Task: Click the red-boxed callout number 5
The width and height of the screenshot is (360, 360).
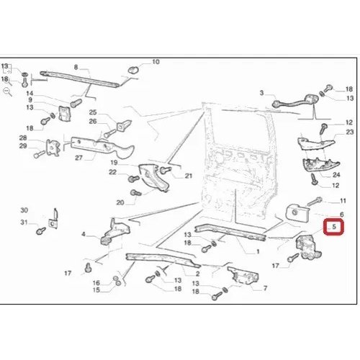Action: point(334,227)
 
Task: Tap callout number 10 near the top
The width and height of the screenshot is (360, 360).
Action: point(156,62)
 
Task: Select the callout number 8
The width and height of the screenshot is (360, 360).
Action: point(76,67)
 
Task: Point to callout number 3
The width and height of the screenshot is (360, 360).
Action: point(261,93)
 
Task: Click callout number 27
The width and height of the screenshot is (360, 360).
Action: point(78,158)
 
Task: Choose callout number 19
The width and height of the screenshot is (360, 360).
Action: point(114,163)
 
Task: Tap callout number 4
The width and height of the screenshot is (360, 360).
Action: point(84,234)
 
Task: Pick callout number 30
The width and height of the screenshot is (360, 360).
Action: point(24,210)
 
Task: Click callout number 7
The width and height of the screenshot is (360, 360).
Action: point(265,288)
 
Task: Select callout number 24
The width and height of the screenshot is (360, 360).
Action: point(336,175)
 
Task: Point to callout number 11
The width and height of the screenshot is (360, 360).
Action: point(343,201)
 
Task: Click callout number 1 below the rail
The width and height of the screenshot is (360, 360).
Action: point(258,251)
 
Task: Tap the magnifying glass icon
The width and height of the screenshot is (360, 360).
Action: point(6,91)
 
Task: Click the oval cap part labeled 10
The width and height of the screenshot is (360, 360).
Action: point(132,70)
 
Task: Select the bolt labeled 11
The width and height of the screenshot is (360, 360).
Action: point(315,201)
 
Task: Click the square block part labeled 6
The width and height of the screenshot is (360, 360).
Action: point(297,212)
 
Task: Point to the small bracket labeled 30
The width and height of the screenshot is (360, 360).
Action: point(53,220)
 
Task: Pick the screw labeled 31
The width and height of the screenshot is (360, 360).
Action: point(40,231)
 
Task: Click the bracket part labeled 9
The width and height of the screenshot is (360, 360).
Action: point(64,114)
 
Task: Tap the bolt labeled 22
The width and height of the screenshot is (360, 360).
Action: point(134,179)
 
